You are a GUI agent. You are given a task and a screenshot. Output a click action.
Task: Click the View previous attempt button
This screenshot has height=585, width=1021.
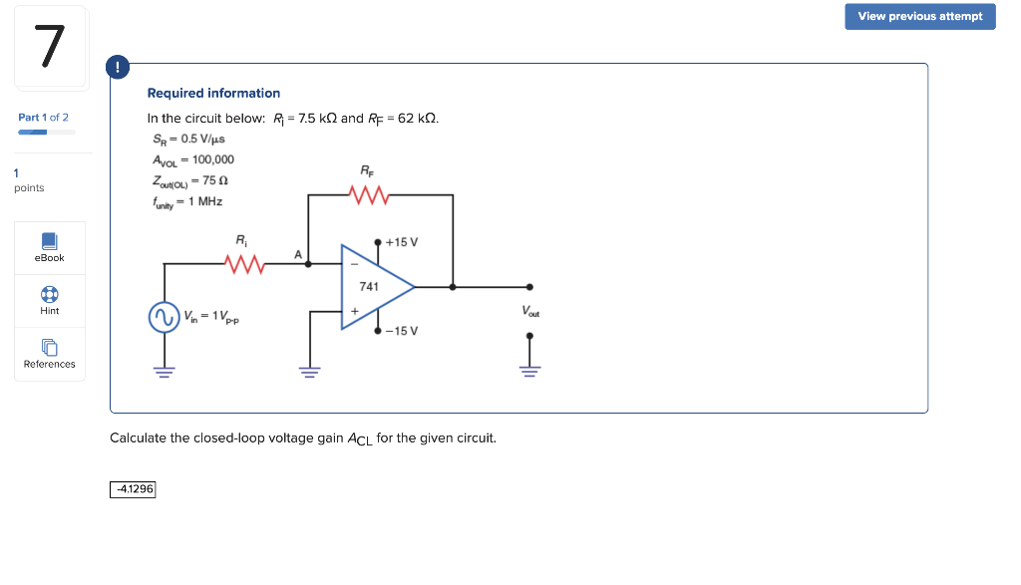coord(919,16)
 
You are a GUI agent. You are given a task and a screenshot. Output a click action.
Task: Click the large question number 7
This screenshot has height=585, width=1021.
coord(50,47)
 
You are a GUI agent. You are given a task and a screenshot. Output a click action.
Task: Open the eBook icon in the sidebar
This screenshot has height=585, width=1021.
coord(49,242)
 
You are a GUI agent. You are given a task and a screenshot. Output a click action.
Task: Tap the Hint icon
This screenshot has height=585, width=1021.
coord(49,295)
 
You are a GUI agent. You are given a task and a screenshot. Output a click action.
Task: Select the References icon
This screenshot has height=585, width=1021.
coord(49,348)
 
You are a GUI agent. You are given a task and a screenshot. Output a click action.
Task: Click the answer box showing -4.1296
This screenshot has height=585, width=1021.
coord(134,489)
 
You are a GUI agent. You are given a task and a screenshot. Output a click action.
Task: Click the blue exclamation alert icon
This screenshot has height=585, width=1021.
coord(118,68)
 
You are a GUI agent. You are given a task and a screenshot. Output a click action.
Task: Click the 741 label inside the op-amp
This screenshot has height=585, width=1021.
coord(368,286)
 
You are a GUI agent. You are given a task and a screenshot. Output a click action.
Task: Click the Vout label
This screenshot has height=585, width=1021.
coord(531,311)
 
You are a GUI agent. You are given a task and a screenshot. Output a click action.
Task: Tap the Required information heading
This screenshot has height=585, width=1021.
coord(213,93)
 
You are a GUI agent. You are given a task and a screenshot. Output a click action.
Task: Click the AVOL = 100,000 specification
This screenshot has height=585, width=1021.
coord(193,159)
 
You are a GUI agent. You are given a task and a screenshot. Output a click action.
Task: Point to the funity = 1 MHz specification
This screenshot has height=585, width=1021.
coord(187,201)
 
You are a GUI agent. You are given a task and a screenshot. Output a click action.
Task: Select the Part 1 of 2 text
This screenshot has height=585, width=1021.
coord(43,118)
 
